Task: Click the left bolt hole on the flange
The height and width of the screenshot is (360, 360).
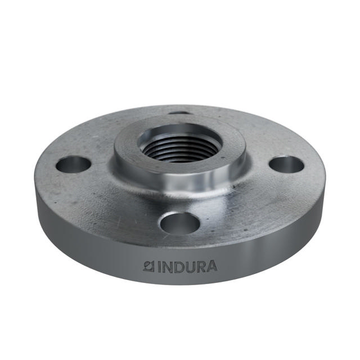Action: [x=74, y=165]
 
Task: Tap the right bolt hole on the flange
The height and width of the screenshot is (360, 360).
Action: [x=286, y=164]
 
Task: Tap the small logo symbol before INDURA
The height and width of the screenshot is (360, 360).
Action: [x=149, y=265]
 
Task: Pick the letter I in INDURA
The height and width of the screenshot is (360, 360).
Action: [x=158, y=265]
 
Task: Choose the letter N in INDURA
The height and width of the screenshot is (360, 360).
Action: [x=166, y=265]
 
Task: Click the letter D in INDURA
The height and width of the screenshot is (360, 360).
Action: [x=178, y=265]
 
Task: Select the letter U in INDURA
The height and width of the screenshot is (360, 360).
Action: [x=190, y=265]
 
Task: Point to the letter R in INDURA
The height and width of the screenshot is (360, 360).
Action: [x=200, y=265]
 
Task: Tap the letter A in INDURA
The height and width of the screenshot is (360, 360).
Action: [x=211, y=265]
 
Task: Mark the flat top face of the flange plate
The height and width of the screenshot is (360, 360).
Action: [x=112, y=197]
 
